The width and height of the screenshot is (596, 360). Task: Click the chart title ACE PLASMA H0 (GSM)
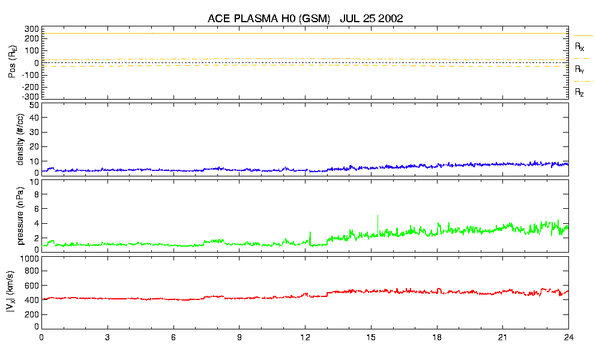coord(269,19)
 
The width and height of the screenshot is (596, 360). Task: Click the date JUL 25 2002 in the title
coord(371,19)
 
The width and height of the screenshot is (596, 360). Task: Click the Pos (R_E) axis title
coord(11,63)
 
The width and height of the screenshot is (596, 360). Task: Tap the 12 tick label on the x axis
coord(305,337)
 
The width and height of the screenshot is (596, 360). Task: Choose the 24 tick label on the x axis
coord(568,337)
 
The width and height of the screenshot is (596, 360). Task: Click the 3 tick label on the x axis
coord(107,337)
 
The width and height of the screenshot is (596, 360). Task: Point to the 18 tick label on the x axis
coord(437,337)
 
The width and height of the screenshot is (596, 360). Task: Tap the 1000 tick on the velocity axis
coord(29,259)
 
